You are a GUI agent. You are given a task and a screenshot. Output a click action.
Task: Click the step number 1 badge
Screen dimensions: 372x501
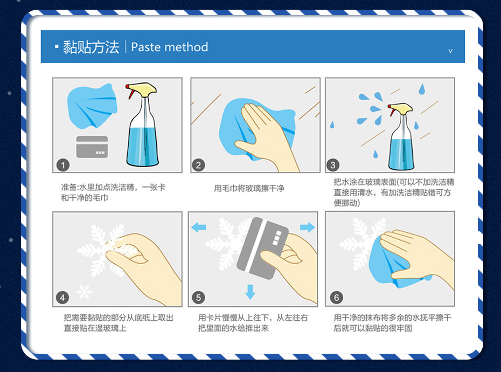(63, 164)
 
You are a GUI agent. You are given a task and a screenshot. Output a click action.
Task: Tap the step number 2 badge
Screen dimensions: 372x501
(199, 164)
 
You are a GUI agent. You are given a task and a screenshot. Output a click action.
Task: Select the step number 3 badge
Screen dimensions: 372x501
(333, 164)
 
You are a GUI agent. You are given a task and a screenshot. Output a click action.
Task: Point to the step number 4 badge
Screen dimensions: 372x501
(63, 298)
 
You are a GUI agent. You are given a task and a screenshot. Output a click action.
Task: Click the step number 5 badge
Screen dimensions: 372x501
(199, 298)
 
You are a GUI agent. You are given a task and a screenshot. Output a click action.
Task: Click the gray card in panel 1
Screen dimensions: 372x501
(92, 147)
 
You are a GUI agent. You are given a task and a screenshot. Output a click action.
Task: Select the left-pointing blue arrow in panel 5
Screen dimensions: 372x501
(199, 227)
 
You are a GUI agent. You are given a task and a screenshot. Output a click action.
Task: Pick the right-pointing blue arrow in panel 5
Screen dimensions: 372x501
(308, 227)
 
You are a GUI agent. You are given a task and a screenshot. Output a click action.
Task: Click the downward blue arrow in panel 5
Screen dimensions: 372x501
(250, 292)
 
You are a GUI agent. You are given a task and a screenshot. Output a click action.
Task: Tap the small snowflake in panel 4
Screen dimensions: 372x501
(84, 292)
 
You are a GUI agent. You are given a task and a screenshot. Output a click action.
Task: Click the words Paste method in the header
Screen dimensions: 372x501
(169, 47)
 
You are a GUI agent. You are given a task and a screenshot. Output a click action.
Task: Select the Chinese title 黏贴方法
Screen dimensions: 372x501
(91, 47)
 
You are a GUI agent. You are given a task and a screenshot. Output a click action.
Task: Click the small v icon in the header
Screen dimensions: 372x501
(450, 51)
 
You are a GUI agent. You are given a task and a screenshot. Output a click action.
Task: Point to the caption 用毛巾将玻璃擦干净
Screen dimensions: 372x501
(249, 188)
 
